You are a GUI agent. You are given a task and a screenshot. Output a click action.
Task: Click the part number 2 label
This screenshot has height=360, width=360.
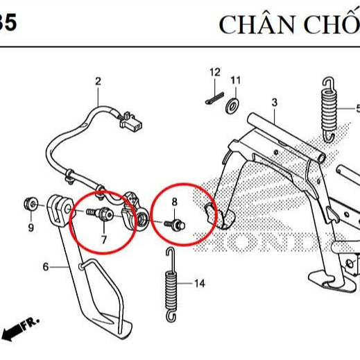(x=98, y=81)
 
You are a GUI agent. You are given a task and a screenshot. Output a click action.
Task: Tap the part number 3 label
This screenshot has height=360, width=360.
(x=275, y=103)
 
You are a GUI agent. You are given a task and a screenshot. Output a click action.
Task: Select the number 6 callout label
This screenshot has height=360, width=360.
(x=46, y=267)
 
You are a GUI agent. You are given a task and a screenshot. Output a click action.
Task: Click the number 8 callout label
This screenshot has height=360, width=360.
(x=174, y=202)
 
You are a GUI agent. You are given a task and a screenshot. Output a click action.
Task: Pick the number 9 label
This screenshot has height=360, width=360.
(x=31, y=227)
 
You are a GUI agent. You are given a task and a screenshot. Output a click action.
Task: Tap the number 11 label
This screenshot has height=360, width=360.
(x=235, y=80)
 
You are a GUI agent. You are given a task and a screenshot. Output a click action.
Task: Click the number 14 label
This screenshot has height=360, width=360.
(x=200, y=283)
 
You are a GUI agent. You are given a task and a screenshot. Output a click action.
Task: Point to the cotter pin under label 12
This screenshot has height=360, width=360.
(x=216, y=98)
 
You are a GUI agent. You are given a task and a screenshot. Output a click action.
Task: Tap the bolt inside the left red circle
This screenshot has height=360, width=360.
(x=98, y=214)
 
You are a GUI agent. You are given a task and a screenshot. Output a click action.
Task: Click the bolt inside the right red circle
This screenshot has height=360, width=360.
(x=175, y=223)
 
